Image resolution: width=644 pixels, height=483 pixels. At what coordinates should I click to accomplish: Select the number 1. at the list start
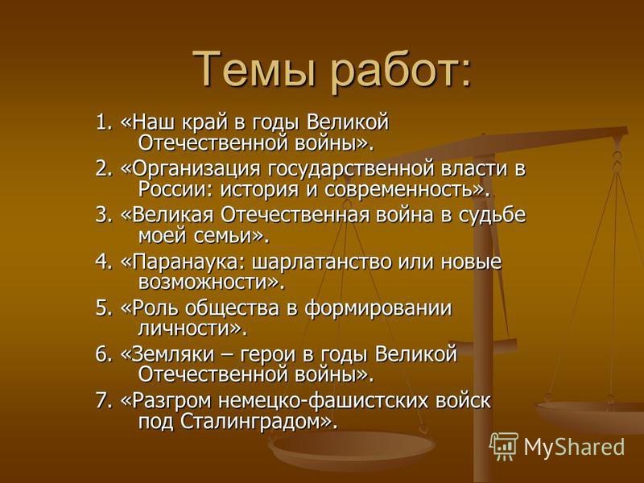tap(104, 124)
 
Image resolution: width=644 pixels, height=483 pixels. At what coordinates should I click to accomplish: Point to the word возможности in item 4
tap(208, 283)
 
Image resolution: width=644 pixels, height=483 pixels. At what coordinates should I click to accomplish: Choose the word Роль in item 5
tap(153, 308)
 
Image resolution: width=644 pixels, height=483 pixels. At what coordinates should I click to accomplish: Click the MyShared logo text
tap(574, 446)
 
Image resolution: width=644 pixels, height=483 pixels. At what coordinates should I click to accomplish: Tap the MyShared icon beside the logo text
tap(504, 446)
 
